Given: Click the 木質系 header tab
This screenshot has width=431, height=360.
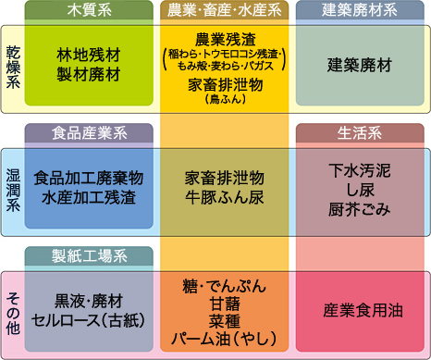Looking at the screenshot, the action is coord(89,11).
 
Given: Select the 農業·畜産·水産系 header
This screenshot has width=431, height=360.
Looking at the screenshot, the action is coord(225,11).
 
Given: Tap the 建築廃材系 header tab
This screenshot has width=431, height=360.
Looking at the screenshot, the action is coord(360,11).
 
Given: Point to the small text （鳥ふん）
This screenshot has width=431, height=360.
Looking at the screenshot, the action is coord(225,99).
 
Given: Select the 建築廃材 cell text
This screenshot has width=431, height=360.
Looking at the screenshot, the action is coord(360,66).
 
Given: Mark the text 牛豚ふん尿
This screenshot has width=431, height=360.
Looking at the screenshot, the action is coord(225,197).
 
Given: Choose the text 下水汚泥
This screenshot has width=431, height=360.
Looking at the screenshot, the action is coord(360,170).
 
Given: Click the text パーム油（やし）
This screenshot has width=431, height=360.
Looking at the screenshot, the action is coord(225,340).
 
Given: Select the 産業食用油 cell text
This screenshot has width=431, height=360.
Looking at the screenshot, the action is coord(360,310).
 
